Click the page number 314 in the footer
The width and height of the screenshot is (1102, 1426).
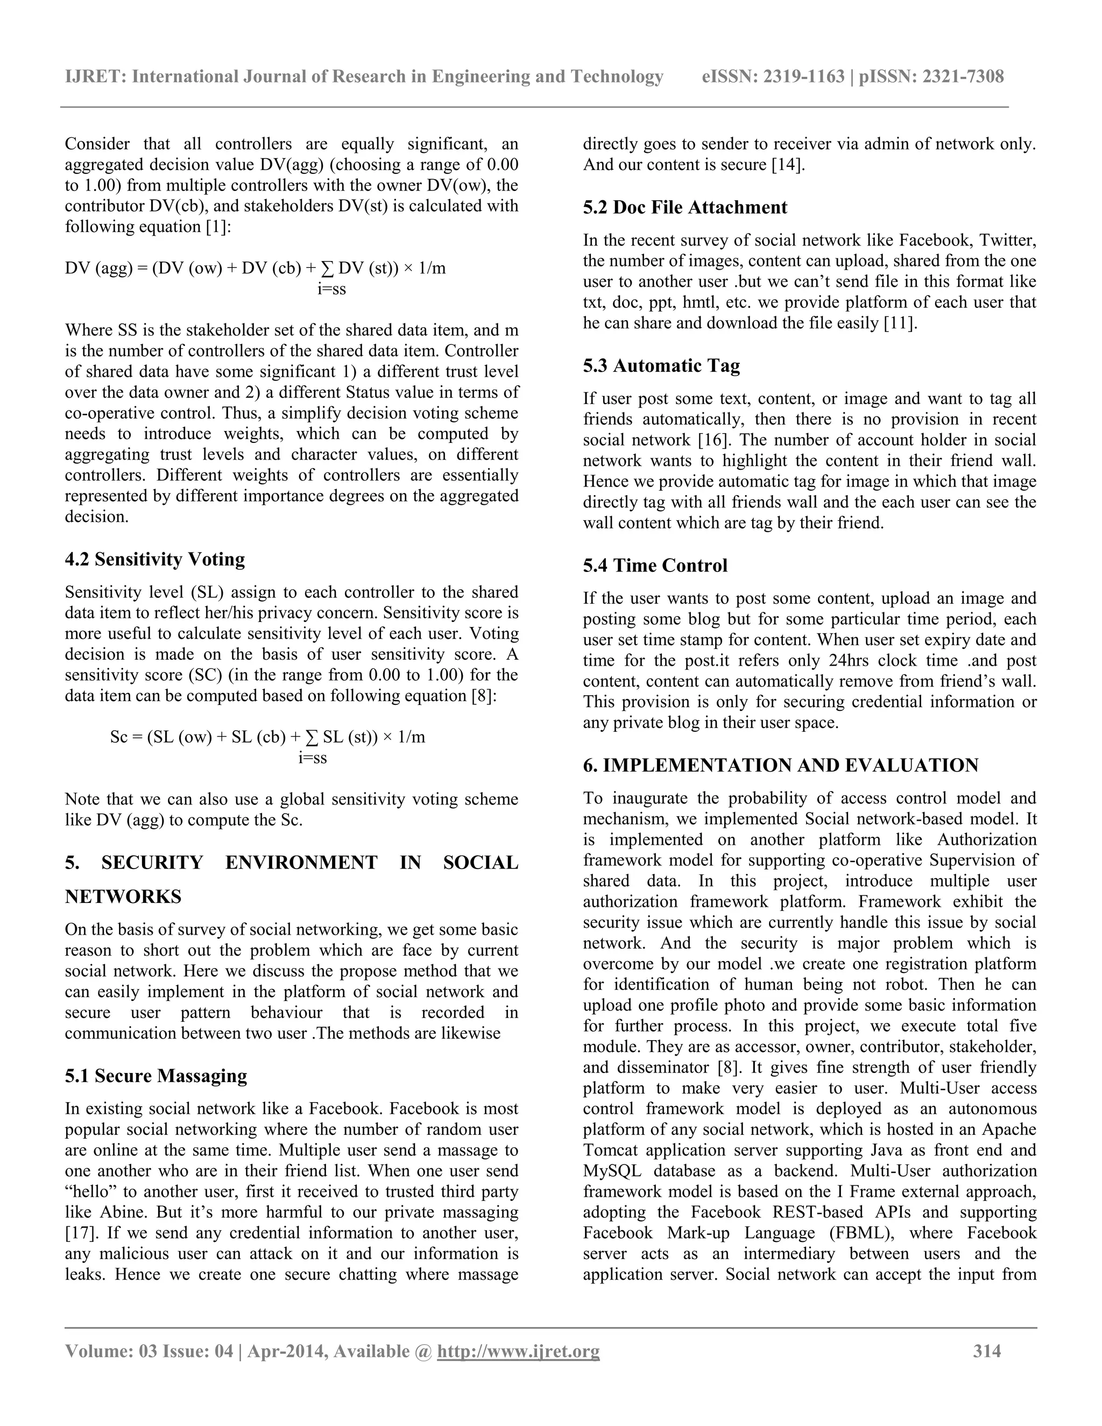click(986, 1350)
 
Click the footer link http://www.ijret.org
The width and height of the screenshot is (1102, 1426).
click(518, 1350)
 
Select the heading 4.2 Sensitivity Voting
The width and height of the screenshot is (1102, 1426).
click(155, 559)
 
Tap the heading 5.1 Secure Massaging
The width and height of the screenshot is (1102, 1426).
click(156, 1075)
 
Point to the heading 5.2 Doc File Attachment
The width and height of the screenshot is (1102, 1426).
click(685, 207)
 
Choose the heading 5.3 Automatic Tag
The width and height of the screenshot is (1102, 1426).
click(661, 365)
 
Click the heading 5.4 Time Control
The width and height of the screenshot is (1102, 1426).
click(655, 565)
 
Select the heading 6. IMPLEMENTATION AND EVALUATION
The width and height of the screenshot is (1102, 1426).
click(780, 765)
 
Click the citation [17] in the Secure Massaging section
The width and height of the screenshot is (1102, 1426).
click(79, 1233)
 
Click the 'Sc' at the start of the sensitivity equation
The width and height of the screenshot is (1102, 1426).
click(119, 737)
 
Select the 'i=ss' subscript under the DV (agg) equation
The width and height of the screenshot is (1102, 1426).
click(331, 288)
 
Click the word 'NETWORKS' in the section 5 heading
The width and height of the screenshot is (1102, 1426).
click(123, 896)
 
